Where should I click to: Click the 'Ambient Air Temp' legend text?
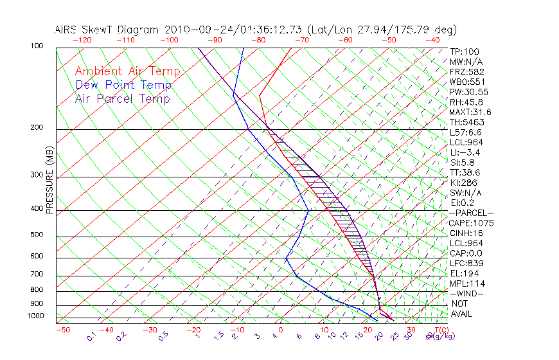tap(127, 72)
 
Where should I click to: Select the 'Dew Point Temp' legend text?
tap(123, 85)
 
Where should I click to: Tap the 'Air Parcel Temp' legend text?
tap(123, 99)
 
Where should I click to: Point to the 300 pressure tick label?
tap(37, 175)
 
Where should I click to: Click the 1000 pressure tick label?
tap(35, 316)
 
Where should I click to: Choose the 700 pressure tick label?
tap(37, 274)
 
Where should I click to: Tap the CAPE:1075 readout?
tap(470, 223)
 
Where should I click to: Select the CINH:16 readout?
tap(466, 233)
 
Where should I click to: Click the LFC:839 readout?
tap(466, 264)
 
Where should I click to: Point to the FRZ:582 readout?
tap(467, 71)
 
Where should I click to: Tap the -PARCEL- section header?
tap(471, 213)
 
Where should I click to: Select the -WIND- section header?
tap(467, 294)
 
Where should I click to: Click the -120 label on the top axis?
tap(82, 40)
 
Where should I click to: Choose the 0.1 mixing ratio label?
tap(92, 336)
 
